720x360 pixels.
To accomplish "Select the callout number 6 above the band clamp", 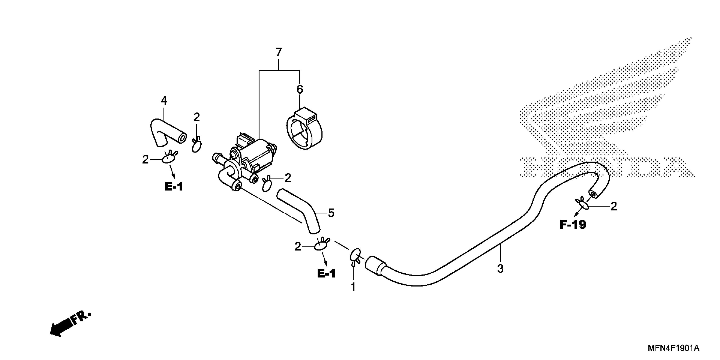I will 299,89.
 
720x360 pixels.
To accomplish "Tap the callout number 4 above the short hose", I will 164,100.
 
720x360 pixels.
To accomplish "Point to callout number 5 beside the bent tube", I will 331,213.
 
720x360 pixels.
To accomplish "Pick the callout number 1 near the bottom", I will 353,287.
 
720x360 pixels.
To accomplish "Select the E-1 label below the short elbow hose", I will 174,187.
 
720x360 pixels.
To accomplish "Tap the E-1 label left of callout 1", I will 326,274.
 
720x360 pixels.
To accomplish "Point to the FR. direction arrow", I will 70,324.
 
